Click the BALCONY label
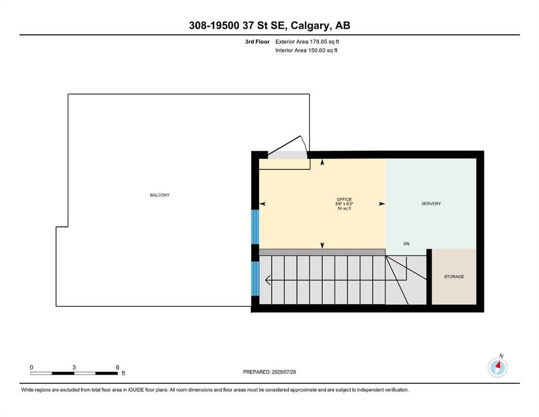[160, 195]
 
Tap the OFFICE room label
[344, 199]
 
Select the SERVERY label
[431, 204]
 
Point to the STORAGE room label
[454, 276]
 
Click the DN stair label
[407, 244]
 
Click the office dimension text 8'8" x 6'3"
[344, 204]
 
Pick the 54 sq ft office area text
[344, 208]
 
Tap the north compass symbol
[497, 367]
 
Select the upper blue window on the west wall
[255, 227]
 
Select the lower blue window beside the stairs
[255, 279]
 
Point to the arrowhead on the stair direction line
[268, 280]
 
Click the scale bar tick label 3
[74, 367]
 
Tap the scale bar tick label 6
[117, 367]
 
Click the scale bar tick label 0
[31, 367]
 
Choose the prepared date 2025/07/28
[283, 372]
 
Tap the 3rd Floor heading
[257, 42]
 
